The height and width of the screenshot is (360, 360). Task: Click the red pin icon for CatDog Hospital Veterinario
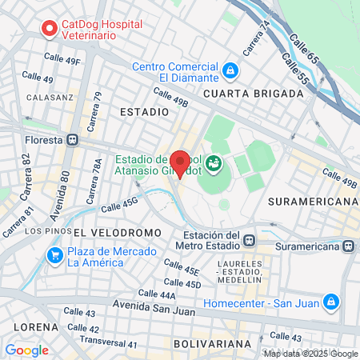pos(48,29)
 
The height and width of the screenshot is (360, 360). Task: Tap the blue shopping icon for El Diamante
pos(230,71)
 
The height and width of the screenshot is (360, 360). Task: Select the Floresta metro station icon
pos(74,139)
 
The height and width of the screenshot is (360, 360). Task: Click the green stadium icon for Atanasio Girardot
pos(214,165)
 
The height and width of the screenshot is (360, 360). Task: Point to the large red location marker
pos(181,164)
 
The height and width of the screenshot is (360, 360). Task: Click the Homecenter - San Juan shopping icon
pos(330,302)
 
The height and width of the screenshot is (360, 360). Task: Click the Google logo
pos(26,350)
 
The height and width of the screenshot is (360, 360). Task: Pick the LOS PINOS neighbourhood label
pos(44,231)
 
